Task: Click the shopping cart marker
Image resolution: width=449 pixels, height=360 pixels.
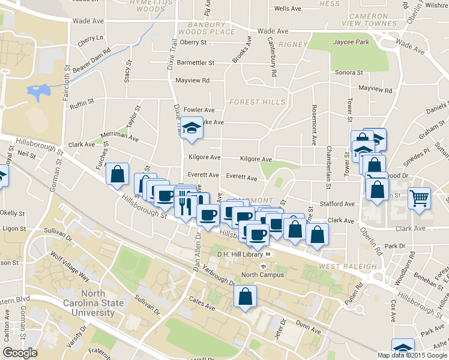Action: point(419,197)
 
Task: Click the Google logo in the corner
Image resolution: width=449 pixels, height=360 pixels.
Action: point(20,352)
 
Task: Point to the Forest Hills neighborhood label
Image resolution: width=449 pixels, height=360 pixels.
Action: point(257,102)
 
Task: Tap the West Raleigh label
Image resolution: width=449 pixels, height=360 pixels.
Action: point(348,266)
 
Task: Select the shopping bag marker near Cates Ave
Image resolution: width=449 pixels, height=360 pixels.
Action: point(245,296)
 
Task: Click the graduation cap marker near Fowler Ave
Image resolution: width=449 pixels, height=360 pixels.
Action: point(191,128)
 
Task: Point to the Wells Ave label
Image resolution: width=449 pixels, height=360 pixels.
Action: point(288,9)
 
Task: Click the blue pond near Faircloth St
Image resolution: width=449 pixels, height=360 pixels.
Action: point(39,92)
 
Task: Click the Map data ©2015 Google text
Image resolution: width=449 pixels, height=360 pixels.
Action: point(412,355)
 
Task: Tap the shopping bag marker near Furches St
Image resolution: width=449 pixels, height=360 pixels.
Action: point(118,175)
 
